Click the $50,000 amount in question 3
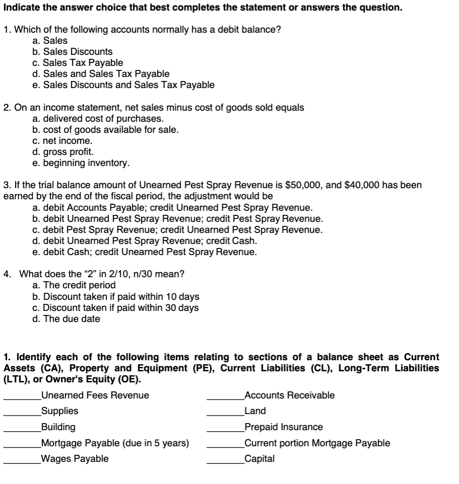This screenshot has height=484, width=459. point(304,185)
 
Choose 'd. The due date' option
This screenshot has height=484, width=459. point(65,319)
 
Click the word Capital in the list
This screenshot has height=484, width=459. point(259,459)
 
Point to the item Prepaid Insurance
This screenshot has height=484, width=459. point(283,427)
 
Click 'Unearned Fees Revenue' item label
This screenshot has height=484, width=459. point(95,395)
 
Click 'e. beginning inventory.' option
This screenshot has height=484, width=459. point(81,163)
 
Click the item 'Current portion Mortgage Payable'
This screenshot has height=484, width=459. point(317,443)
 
